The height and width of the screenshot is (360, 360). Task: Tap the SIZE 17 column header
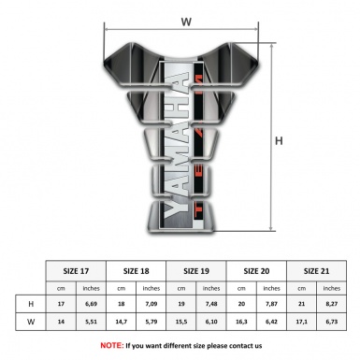click(x=77, y=269)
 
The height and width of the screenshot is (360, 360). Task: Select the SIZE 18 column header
click(x=137, y=269)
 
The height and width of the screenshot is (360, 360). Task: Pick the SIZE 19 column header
click(x=198, y=269)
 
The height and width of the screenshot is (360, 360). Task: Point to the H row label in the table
click(x=31, y=304)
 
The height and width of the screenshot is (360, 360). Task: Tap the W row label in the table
click(x=31, y=323)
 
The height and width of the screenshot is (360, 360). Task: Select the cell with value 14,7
click(x=122, y=323)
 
